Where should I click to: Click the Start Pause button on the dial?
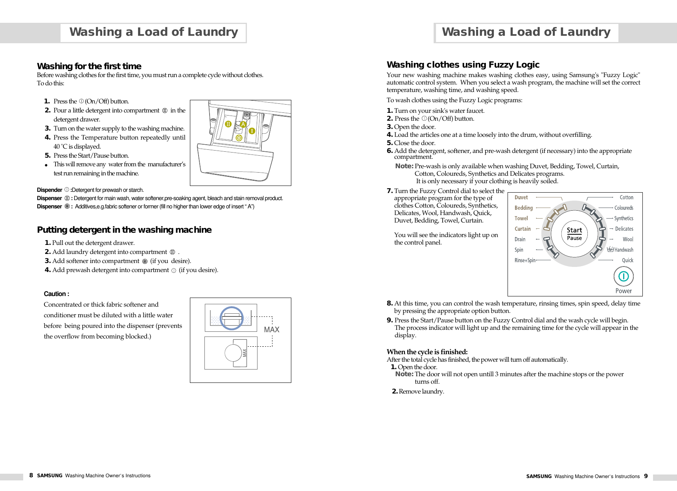574,234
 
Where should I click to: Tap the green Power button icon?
624,277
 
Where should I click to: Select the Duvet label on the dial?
521,197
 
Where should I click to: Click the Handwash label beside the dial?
624,250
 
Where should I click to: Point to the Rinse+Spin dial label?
525,260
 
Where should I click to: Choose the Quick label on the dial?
627,260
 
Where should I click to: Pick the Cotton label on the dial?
626,197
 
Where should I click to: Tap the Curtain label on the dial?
522,229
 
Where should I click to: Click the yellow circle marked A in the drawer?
243,125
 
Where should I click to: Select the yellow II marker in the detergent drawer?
228,124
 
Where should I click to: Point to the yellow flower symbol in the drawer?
239,138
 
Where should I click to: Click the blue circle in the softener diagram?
232,318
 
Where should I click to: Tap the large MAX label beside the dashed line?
272,329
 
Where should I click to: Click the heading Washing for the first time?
89,66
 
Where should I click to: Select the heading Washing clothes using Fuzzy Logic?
463,64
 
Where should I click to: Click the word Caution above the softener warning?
56,294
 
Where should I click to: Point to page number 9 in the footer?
646,476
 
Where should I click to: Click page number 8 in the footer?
31,475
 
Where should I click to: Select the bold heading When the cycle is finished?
427,352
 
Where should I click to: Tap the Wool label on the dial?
628,239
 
